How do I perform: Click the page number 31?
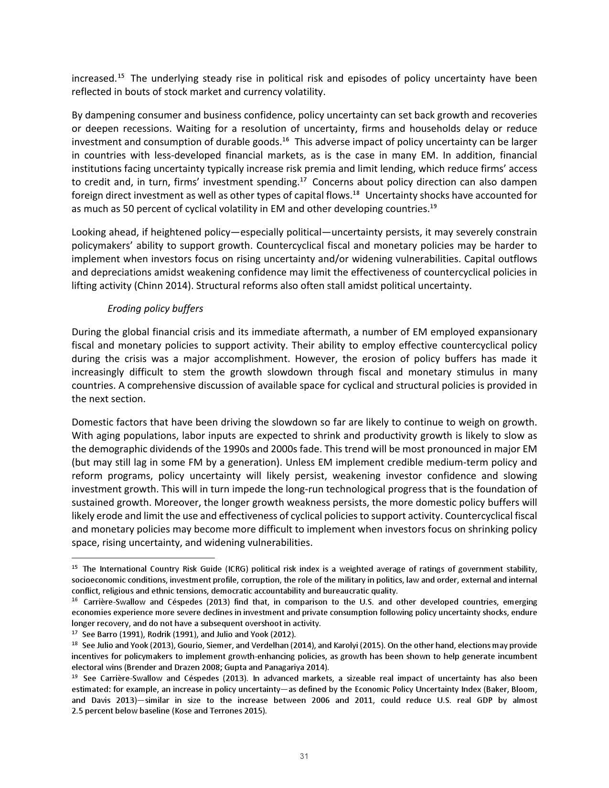[x=304, y=756]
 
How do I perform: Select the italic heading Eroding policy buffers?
[x=155, y=309]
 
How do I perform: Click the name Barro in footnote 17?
[x=107, y=634]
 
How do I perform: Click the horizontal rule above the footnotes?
[x=143, y=557]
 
